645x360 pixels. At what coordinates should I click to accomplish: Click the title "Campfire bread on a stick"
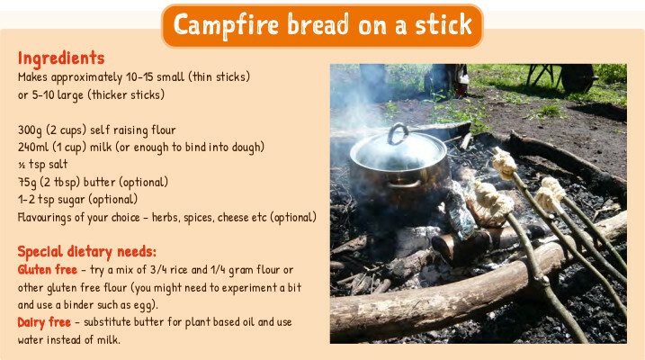(322, 25)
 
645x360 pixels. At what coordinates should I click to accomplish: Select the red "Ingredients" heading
(61, 58)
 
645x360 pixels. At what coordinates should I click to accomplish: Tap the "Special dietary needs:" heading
(86, 251)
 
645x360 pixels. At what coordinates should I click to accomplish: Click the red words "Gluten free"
(48, 270)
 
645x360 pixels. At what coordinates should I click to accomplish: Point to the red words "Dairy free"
(44, 322)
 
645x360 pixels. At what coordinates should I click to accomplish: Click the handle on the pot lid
(398, 134)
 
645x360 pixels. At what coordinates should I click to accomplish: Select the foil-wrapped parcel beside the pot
(459, 210)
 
